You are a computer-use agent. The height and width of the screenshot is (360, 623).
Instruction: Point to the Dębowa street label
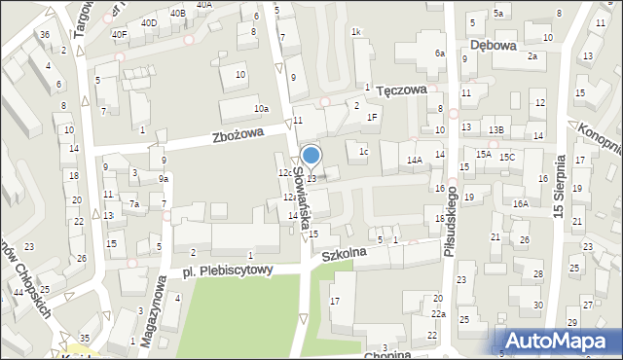(492, 44)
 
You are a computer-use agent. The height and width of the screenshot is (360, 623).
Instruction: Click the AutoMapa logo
(557, 341)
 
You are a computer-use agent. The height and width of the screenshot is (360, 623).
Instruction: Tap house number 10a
(261, 109)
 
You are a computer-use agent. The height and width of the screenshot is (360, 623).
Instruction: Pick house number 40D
(148, 22)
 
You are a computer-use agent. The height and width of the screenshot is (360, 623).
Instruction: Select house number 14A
(414, 160)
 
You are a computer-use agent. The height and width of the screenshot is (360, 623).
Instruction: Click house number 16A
(521, 203)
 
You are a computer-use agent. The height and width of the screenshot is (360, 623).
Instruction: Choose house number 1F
(372, 117)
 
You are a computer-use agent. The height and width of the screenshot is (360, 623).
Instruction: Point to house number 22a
(439, 314)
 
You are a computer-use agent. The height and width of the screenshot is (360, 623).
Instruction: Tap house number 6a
(440, 53)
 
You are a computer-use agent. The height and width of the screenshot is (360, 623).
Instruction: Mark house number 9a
(165, 178)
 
